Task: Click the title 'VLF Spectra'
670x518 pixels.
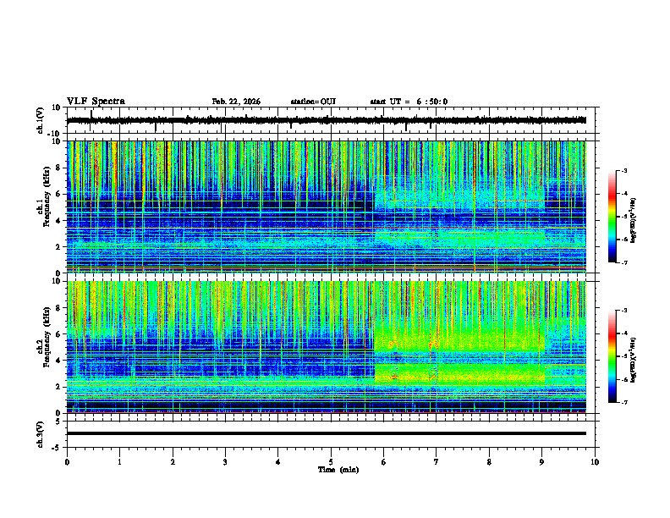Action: click(x=96, y=102)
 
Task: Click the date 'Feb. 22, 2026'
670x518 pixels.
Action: click(x=236, y=102)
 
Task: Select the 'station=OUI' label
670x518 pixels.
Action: click(x=313, y=102)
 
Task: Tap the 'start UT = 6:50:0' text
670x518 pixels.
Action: click(x=409, y=102)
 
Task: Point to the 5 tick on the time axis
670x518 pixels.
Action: click(x=331, y=461)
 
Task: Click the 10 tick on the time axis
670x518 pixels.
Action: click(x=595, y=461)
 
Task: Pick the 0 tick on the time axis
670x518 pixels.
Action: click(x=67, y=461)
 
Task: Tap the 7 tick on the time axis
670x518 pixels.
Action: click(x=437, y=461)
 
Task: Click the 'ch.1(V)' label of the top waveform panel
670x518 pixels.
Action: click(x=41, y=120)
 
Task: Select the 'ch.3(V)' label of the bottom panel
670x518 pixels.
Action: click(x=41, y=433)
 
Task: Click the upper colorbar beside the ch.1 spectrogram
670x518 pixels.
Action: click(x=613, y=218)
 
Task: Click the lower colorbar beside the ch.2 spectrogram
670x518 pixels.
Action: click(x=613, y=357)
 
